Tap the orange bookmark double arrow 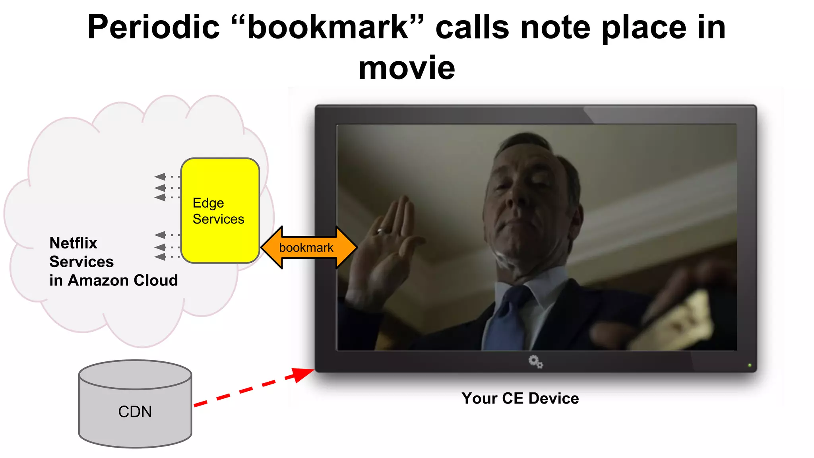[308, 247]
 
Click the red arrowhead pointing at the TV [302, 374]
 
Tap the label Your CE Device [520, 398]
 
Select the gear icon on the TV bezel [535, 361]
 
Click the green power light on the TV [750, 365]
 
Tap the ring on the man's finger [380, 230]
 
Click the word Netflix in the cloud [73, 243]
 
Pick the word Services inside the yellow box [218, 219]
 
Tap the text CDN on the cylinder [135, 411]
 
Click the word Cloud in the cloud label [155, 280]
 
